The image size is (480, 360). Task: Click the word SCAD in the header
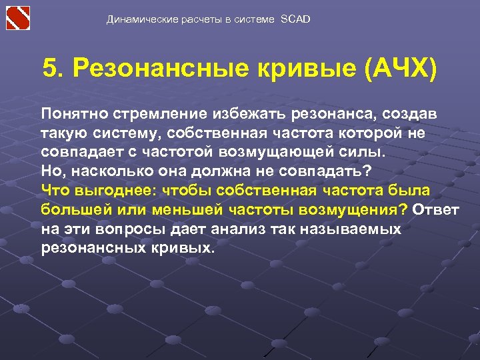295,19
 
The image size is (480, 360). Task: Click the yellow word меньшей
191,209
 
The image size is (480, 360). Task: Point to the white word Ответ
436,209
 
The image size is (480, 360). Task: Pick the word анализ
245,229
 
